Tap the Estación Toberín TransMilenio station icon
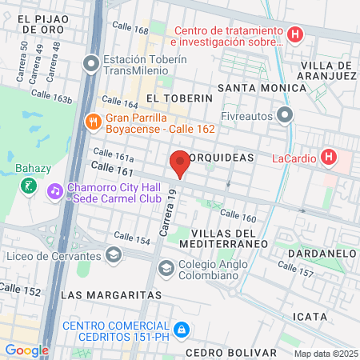(94, 62)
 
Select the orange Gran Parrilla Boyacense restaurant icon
(94, 122)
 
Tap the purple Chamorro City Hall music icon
(54, 191)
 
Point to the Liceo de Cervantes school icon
(114, 256)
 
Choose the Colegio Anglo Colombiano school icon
(166, 267)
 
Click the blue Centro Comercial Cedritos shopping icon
(182, 329)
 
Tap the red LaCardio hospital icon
(328, 157)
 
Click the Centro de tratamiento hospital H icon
(295, 34)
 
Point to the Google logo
(26, 350)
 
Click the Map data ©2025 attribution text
(325, 353)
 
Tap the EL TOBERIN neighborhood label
(179, 98)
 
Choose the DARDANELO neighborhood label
(328, 253)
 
